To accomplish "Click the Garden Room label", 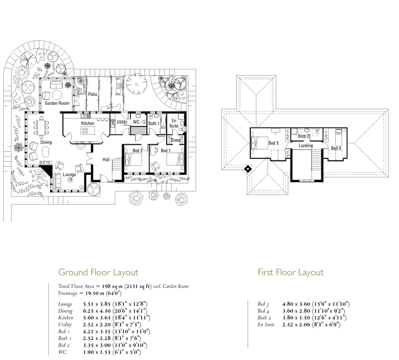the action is click(57, 103).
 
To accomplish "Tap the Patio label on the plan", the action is click(93, 94).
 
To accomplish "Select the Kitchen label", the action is click(88, 123).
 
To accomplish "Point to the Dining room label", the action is click(46, 142).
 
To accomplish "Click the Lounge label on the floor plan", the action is click(69, 175).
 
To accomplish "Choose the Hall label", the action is click(106, 159).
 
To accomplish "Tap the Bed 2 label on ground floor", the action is click(138, 151).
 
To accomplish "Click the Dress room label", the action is click(176, 140).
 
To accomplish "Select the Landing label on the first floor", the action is click(306, 145).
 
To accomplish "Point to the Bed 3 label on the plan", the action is click(273, 143).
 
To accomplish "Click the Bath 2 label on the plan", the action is click(303, 136).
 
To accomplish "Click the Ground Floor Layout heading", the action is click(98, 272).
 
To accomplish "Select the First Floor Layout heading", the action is click(291, 272).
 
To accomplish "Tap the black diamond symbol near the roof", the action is click(248, 169).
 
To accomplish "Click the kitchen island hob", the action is click(85, 131).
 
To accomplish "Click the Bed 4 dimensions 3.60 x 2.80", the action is click(296, 311).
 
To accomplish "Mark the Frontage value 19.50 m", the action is click(95, 293).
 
